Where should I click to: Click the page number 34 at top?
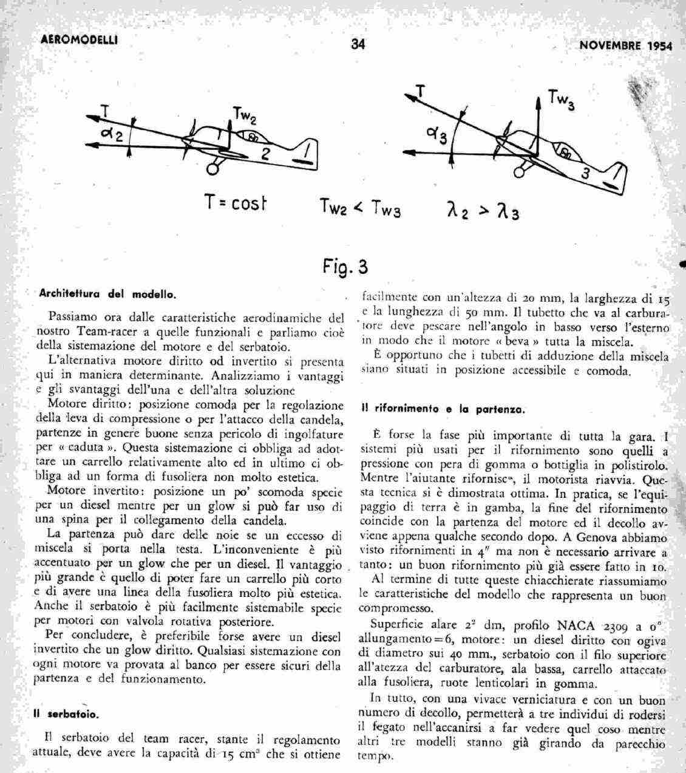point(358,44)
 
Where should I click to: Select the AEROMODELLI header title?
point(78,41)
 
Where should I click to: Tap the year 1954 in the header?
point(656,46)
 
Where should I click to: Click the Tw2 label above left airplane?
point(245,115)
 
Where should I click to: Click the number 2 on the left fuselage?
point(265,154)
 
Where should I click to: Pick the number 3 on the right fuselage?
point(585,174)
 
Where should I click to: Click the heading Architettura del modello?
point(107,295)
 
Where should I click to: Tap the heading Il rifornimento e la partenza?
point(443,409)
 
